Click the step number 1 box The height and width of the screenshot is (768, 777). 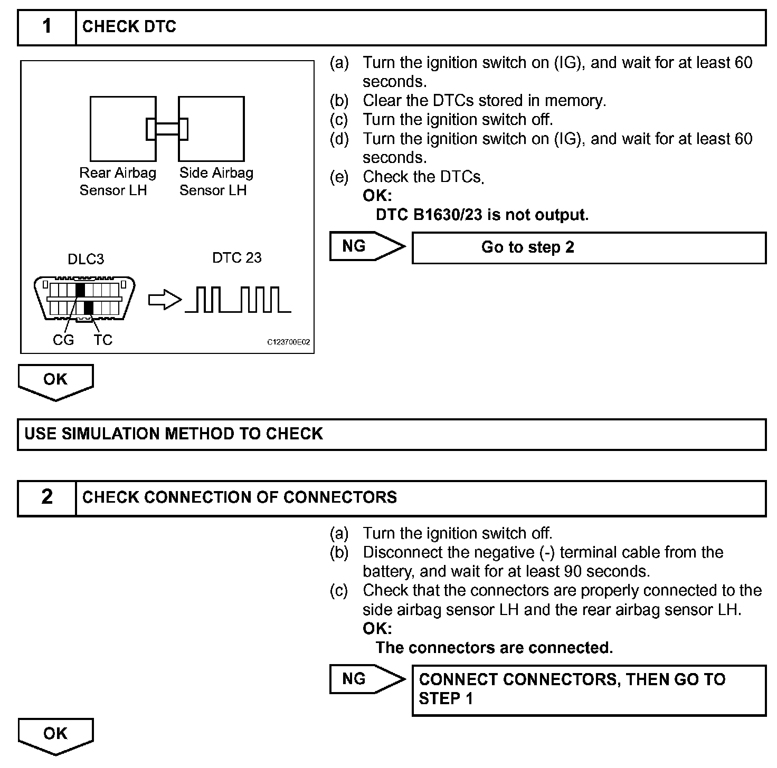47,26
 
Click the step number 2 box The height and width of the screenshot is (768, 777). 47,497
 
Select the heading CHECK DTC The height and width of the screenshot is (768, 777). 129,26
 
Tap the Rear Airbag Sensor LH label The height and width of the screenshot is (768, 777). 117,181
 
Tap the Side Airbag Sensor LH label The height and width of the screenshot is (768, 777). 216,181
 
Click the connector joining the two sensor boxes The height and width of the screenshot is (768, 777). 167,129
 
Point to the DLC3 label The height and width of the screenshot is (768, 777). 86,259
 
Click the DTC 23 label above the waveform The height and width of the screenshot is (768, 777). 236,257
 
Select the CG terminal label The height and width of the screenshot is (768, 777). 63,340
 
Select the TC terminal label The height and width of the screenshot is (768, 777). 103,340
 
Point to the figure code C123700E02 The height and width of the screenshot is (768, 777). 288,343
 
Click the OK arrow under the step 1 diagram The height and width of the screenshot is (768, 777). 55,381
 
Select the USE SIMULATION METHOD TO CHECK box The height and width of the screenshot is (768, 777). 391,434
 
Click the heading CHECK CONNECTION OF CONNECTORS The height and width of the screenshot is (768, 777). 240,497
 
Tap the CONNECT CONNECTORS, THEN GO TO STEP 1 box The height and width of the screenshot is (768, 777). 589,689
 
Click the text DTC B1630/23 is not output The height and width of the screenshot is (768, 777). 482,215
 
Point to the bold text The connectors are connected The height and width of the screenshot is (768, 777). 494,648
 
